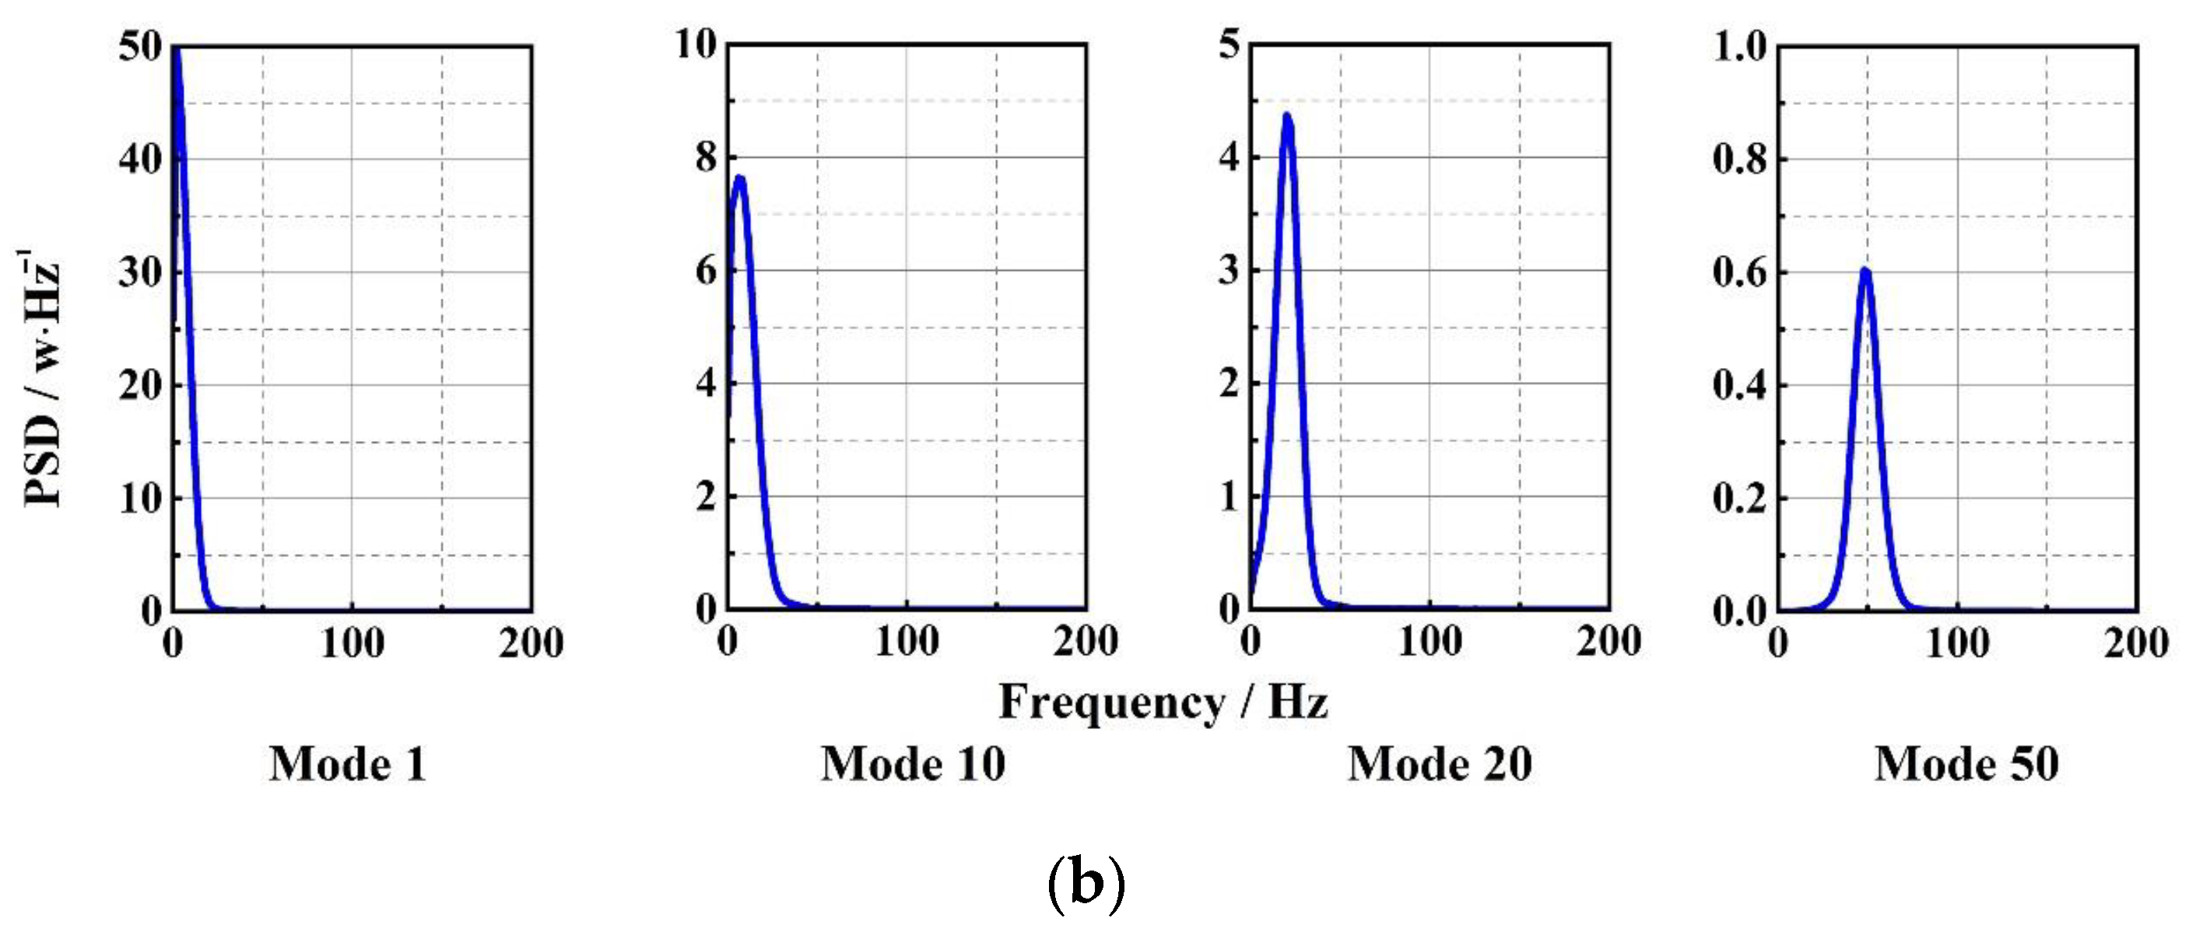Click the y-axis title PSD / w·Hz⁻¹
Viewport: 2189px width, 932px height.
pyautogui.click(x=40, y=378)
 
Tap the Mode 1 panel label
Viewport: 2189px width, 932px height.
pyautogui.click(x=348, y=764)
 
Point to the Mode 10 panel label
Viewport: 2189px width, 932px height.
pyautogui.click(x=914, y=764)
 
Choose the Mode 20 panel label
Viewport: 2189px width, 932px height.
pyautogui.click(x=1440, y=764)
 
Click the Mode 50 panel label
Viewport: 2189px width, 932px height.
pyautogui.click(x=1967, y=764)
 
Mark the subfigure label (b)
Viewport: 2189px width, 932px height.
pyautogui.click(x=1087, y=885)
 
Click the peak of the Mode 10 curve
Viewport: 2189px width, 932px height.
pyautogui.click(x=739, y=178)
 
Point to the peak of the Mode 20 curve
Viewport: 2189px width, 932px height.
pyautogui.click(x=1286, y=116)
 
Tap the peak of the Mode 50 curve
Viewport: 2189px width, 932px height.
pyautogui.click(x=1865, y=271)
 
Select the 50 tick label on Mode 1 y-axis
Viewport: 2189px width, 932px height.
pyautogui.click(x=140, y=47)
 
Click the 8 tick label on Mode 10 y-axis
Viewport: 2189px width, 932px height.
pyautogui.click(x=706, y=158)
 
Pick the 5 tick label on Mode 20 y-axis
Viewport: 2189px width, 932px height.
pyautogui.click(x=1229, y=44)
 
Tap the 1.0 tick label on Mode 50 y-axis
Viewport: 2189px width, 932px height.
pyautogui.click(x=1739, y=47)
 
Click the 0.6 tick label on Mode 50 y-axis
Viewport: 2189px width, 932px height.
pyautogui.click(x=1739, y=273)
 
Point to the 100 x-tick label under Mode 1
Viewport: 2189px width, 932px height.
pyautogui.click(x=352, y=643)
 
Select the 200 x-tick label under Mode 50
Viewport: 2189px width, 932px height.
pyautogui.click(x=2136, y=643)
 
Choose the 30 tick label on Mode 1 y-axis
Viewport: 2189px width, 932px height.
pyautogui.click(x=140, y=273)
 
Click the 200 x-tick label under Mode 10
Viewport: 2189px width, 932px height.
pyautogui.click(x=1085, y=642)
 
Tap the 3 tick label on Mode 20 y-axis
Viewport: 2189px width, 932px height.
pyautogui.click(x=1229, y=271)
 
